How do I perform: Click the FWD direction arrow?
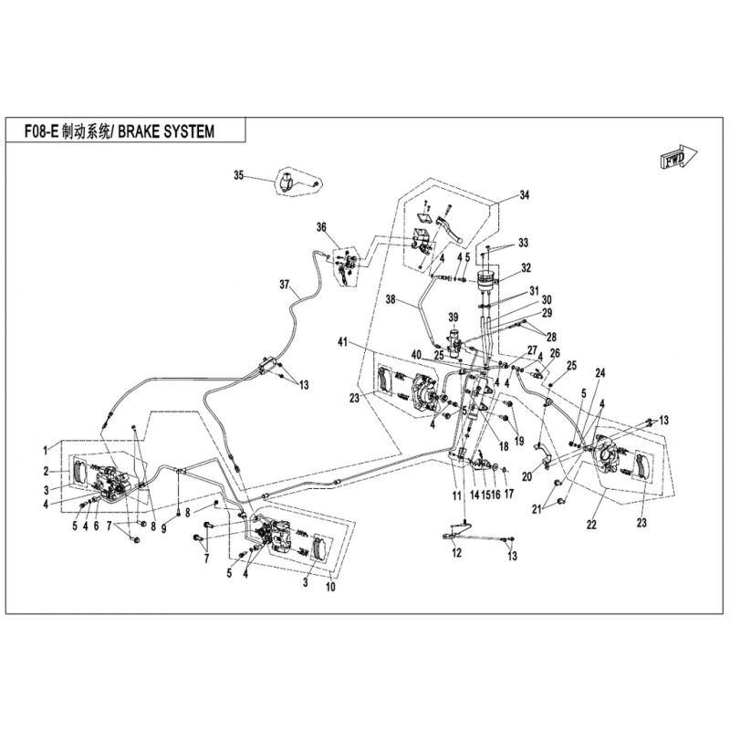[678, 156]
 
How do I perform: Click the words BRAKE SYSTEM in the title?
[166, 131]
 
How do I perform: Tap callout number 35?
[238, 175]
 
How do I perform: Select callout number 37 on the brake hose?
[284, 284]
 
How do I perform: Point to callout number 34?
[525, 195]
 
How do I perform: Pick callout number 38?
[391, 300]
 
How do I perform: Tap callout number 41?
[343, 343]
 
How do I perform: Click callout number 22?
[591, 524]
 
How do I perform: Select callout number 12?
[457, 553]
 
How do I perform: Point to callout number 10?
[330, 587]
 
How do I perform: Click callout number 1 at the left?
[45, 450]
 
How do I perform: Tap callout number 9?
[164, 528]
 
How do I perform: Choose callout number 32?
[526, 268]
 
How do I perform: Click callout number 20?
[527, 476]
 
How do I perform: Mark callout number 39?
[453, 317]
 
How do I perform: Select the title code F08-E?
[41, 131]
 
